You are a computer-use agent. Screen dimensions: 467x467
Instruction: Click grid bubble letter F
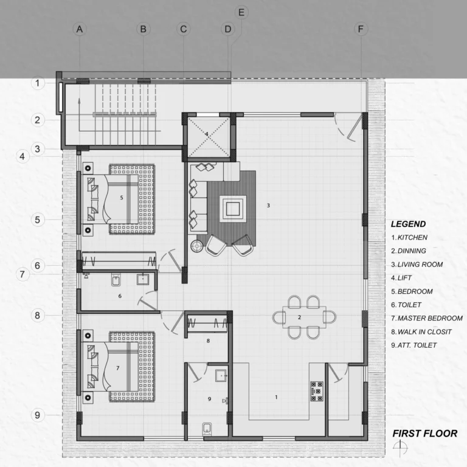[361, 29]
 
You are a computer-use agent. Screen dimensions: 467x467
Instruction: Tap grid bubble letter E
[241, 13]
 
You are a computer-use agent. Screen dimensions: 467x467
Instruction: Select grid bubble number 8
[38, 315]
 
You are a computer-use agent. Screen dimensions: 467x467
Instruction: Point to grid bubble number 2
[38, 120]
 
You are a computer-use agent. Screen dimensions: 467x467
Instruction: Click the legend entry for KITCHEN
[409, 237]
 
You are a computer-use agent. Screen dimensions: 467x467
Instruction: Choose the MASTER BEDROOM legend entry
[427, 319]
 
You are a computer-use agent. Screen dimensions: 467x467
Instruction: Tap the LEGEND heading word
[409, 224]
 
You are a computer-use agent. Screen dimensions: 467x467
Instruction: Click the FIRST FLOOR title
[424, 434]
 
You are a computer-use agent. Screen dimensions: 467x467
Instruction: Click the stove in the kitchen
[317, 391]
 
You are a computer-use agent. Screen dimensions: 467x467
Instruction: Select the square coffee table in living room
[233, 209]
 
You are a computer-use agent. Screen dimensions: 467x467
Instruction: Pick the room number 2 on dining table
[299, 317]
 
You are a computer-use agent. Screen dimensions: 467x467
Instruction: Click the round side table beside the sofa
[197, 246]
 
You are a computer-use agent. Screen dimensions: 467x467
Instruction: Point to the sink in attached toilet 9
[221, 376]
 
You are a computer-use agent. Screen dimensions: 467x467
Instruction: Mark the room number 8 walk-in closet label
[208, 341]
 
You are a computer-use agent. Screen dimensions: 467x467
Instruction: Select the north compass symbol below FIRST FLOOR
[400, 448]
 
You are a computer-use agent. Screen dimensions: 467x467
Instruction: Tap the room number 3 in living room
[268, 205]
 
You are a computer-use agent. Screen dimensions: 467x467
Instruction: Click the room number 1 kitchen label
[277, 397]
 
